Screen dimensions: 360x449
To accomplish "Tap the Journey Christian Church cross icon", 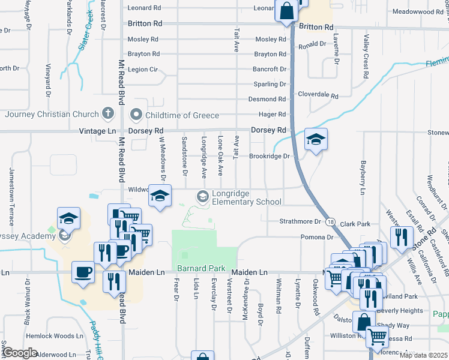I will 108,113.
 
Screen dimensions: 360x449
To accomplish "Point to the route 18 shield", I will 331,221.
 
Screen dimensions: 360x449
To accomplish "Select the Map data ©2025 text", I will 423,355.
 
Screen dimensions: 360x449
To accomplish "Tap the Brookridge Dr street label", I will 270,156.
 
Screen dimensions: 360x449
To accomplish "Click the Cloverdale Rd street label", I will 318,95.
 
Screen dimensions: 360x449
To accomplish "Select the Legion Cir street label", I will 143,70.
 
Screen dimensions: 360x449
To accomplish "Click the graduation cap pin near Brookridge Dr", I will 316,140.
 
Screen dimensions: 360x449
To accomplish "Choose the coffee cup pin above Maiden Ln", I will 82,272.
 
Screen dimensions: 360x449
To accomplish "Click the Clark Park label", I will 356,224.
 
